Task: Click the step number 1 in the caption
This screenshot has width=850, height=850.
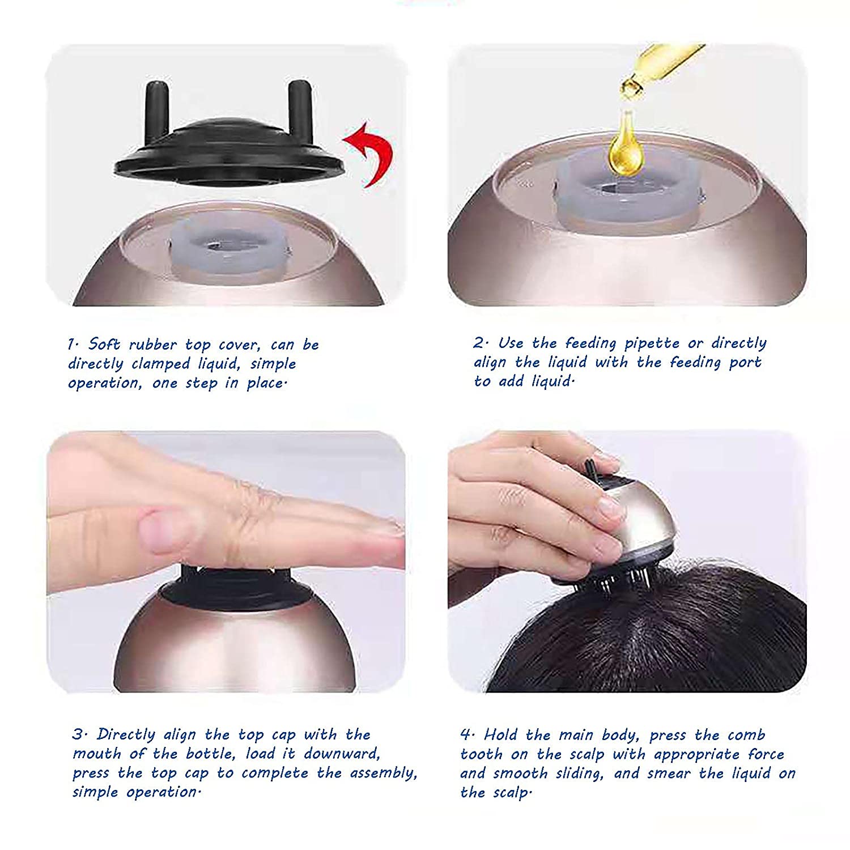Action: point(71,344)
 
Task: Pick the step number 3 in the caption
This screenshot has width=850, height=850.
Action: point(78,734)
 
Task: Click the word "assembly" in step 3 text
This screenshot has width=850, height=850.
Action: point(381,773)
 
